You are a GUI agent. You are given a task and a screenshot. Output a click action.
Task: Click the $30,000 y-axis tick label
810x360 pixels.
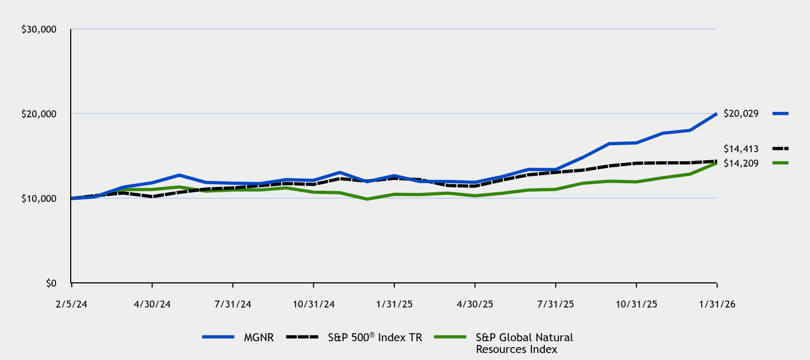tap(39, 29)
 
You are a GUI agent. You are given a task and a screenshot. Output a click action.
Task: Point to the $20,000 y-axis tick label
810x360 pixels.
tap(39, 114)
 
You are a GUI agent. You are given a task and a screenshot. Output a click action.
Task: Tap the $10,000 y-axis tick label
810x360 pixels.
tap(39, 199)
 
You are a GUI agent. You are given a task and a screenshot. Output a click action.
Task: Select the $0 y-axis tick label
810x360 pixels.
tap(51, 283)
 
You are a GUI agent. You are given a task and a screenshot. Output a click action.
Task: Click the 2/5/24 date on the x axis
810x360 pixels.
tap(71, 304)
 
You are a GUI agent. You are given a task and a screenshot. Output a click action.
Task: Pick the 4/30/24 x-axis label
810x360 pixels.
tap(152, 304)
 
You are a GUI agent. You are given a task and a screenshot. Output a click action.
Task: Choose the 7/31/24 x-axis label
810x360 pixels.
tap(232, 304)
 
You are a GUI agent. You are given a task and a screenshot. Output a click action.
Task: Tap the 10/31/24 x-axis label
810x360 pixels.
tap(313, 304)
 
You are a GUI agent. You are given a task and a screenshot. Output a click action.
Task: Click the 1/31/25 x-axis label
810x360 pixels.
tap(394, 304)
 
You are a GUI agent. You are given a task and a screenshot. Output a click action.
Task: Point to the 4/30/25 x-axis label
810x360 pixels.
tap(475, 304)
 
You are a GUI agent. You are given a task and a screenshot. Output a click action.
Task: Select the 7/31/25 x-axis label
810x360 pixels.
tap(556, 304)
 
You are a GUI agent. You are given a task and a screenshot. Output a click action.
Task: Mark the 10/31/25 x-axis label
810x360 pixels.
tap(636, 304)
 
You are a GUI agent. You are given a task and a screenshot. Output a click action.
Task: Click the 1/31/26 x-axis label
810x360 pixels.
tap(717, 304)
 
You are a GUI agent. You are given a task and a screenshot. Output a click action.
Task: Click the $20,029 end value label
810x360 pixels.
tap(741, 114)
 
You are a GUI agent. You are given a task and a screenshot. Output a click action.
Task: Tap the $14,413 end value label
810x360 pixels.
tap(741, 148)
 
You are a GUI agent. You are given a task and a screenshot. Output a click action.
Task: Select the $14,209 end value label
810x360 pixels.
tap(741, 163)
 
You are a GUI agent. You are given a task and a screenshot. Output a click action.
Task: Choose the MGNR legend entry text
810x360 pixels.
tap(259, 337)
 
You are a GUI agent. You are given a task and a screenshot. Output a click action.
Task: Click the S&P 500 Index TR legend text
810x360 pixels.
tap(375, 337)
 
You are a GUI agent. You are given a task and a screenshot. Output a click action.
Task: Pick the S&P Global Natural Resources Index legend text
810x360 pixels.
tap(524, 343)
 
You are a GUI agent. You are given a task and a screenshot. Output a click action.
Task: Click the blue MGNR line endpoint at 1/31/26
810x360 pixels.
tap(716, 114)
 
